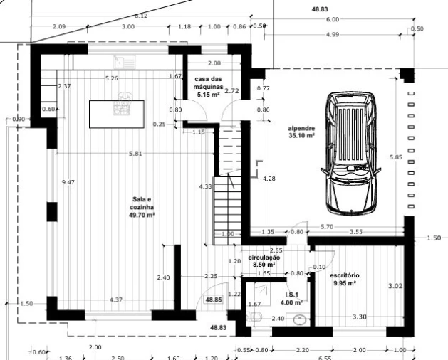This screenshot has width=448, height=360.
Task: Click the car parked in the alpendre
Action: click(x=351, y=153)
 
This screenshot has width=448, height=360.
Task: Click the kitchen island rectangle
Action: click(x=117, y=115)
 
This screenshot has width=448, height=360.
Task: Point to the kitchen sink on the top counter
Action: click(x=125, y=62)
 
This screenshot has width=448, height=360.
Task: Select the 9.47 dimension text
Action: click(x=68, y=182)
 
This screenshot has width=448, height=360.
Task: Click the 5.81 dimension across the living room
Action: click(x=135, y=154)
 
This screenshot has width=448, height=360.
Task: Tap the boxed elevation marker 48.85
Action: click(x=214, y=300)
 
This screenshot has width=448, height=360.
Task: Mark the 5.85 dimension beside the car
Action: click(x=396, y=157)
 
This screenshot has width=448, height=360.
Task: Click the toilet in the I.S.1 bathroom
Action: click(x=254, y=316)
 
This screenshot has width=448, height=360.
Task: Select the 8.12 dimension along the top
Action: click(x=141, y=16)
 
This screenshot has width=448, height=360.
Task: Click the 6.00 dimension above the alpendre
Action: click(x=333, y=19)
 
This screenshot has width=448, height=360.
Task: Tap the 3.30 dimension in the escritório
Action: click(x=360, y=317)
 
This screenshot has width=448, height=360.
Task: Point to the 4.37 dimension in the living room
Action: click(x=116, y=300)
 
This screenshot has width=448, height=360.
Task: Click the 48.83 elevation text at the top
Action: click(x=320, y=9)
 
